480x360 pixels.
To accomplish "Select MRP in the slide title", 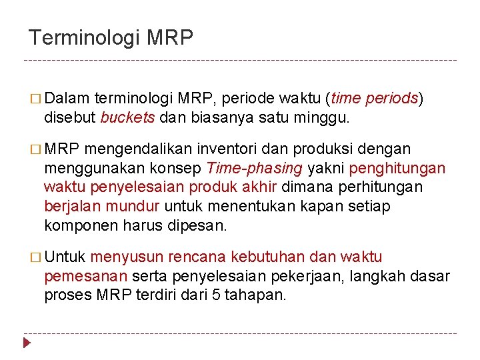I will pyautogui.click(x=169, y=37).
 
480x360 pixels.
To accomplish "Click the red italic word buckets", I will pyautogui.click(x=127, y=118).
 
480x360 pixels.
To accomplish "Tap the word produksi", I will pyautogui.click(x=311, y=149).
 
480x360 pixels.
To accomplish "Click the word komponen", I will pyautogui.click(x=81, y=225).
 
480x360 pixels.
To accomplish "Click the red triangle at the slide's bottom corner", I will pyautogui.click(x=27, y=343).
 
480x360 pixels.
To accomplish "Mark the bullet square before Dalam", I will pyautogui.click(x=34, y=100).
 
